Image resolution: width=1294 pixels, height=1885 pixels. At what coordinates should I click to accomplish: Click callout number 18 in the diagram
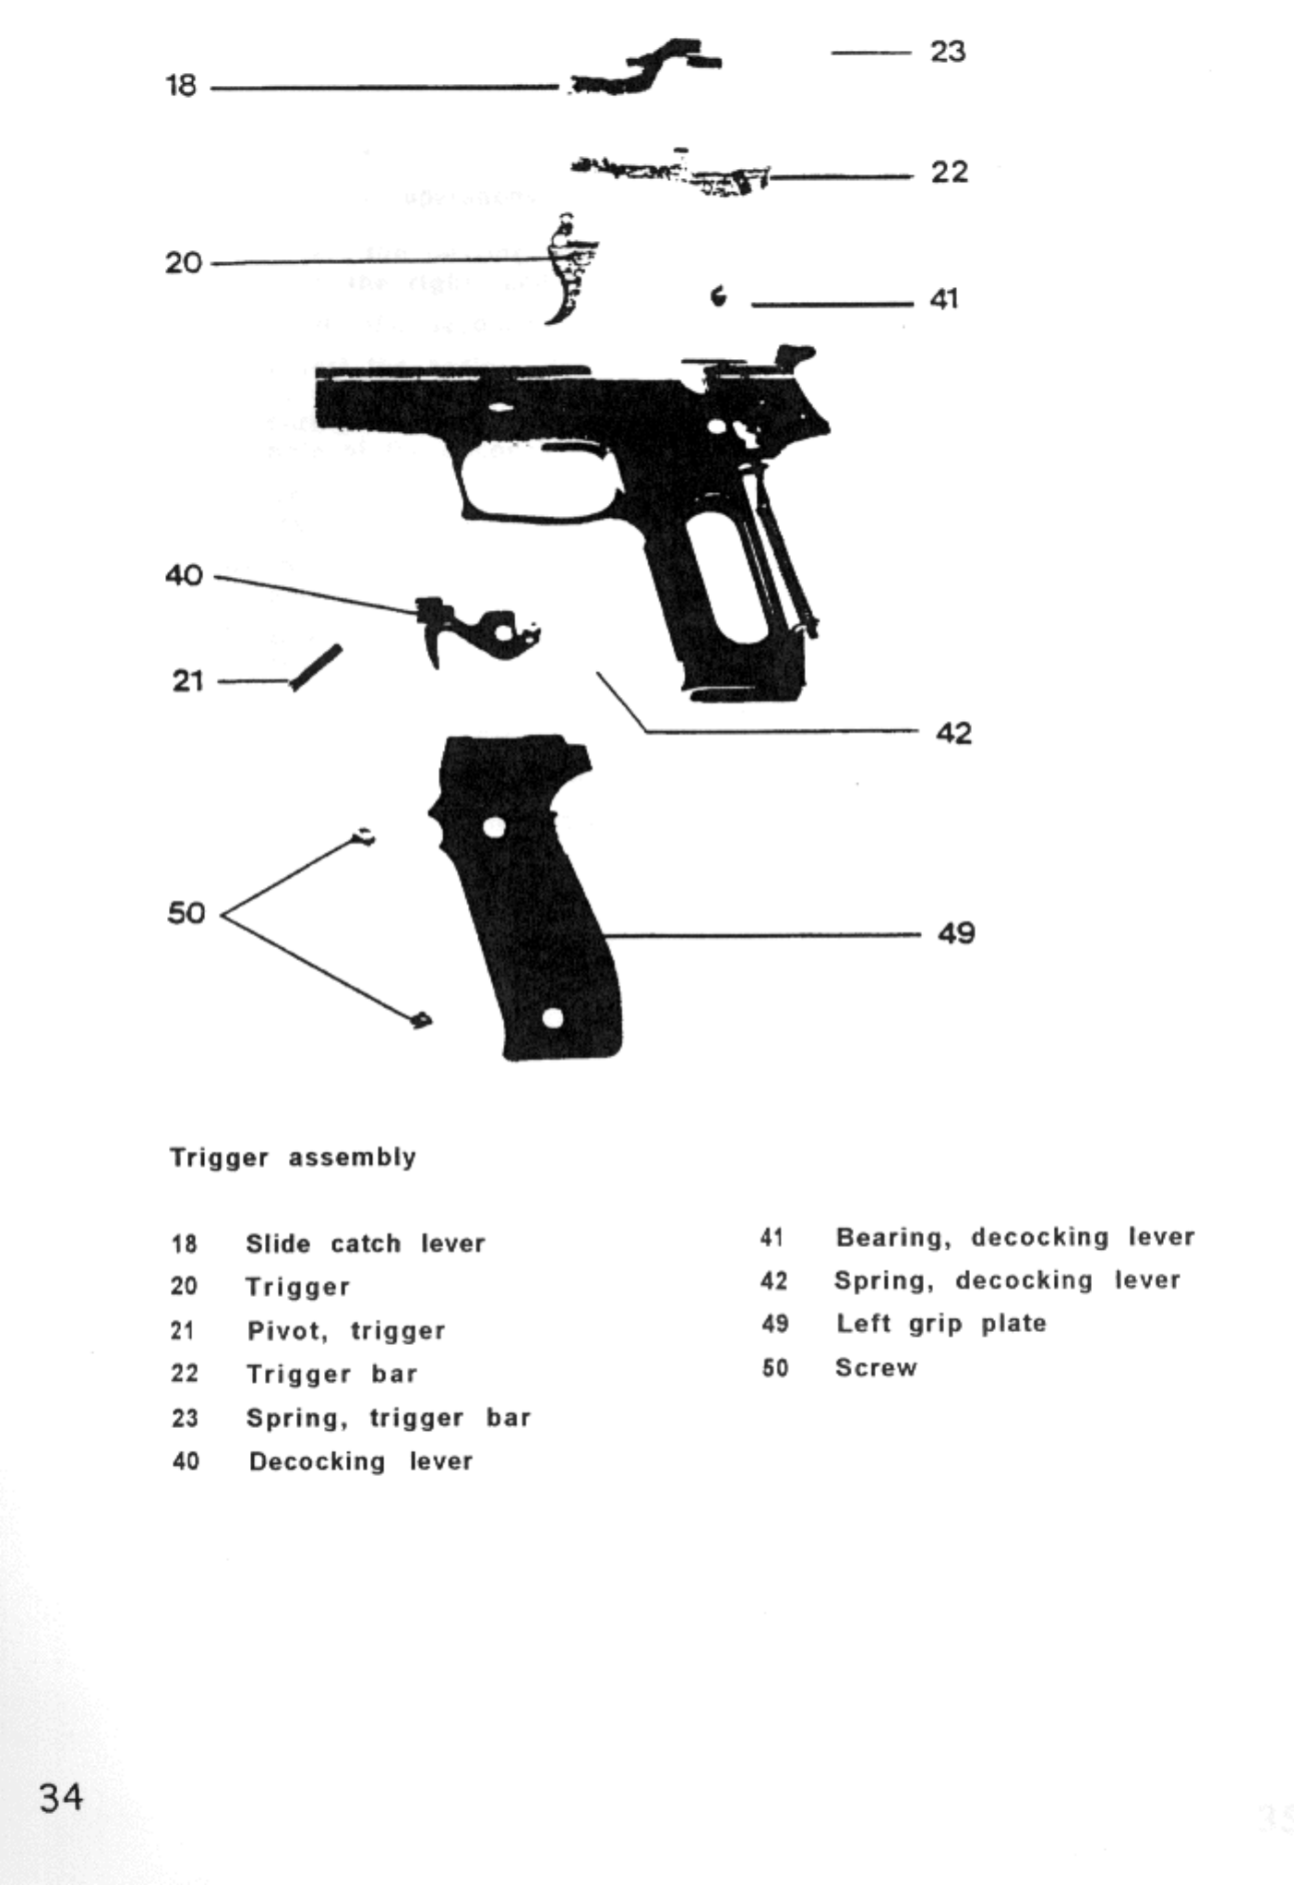181,86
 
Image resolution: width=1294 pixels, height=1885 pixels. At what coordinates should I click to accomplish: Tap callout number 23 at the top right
947,52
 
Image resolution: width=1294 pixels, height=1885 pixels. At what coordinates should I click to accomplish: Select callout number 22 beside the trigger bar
949,173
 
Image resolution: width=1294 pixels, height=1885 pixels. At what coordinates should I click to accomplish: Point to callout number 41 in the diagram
944,299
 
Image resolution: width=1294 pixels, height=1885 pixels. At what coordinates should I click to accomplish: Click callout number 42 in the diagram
953,733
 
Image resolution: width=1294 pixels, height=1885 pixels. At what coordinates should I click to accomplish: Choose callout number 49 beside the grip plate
955,933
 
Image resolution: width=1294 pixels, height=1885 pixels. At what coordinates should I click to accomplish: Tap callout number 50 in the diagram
186,913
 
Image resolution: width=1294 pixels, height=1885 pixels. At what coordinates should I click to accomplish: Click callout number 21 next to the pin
187,681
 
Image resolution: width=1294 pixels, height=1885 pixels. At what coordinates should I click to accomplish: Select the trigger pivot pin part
316,666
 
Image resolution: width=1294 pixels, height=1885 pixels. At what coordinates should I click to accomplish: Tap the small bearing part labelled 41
718,296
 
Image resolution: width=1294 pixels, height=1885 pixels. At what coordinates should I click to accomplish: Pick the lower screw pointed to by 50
421,1019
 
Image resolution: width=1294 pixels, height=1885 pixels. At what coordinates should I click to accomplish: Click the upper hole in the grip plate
495,827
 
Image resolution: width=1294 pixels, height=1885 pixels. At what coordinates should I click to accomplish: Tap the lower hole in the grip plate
552,1018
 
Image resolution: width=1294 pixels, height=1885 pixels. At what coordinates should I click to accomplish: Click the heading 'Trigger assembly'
293,1158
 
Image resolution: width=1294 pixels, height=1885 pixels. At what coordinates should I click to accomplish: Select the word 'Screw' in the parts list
876,1368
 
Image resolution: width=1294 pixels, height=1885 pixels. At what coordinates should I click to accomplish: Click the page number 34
61,1797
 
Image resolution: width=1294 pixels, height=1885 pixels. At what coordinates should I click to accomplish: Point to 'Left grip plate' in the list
941,1324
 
